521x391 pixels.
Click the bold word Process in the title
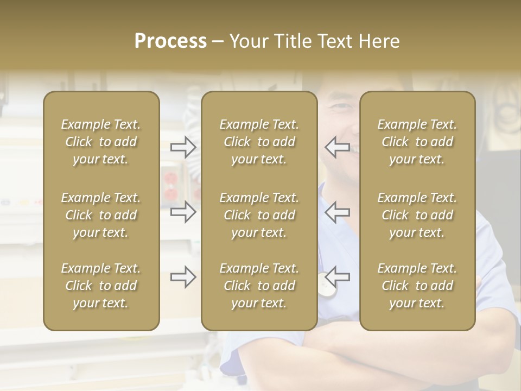[x=170, y=41]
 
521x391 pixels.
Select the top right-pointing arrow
[x=183, y=147]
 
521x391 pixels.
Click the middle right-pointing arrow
[x=183, y=212]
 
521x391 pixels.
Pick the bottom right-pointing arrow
[x=183, y=277]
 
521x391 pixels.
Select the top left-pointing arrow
[x=337, y=147]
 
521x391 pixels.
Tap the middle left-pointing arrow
[x=337, y=212]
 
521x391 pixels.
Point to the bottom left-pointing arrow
[x=337, y=277]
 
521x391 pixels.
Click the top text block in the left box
[x=101, y=142]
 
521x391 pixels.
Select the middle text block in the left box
[x=101, y=215]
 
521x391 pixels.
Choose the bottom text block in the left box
[x=101, y=286]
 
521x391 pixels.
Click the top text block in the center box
[x=259, y=142]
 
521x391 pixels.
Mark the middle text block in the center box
[x=259, y=215]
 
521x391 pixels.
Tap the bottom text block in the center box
[x=259, y=286]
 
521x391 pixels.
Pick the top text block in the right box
[x=417, y=142]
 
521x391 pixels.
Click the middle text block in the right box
[x=417, y=215]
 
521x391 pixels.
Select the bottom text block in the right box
[x=417, y=286]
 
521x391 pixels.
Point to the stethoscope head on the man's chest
[x=326, y=289]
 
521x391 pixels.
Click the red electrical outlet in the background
[x=170, y=185]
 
